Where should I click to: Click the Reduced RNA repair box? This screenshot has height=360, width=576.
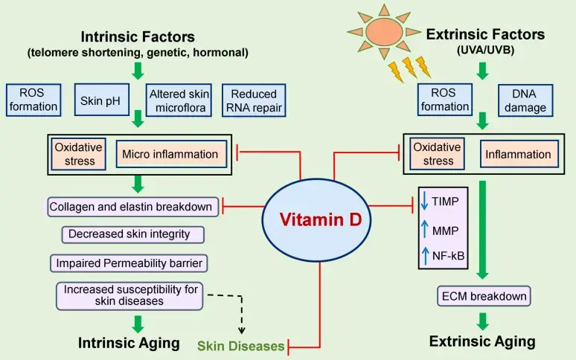coord(253,100)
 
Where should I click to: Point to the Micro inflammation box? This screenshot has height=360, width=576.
coord(169,155)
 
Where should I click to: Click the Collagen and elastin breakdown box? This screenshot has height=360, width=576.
coord(132,206)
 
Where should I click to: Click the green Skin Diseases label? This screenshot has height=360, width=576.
coord(240,346)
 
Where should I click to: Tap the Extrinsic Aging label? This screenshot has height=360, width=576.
coord(482,341)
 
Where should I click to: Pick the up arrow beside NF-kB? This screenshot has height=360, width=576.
coord(425,255)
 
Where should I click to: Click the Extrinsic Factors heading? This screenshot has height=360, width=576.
coord(484,35)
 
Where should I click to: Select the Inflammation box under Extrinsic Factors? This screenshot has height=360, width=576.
coord(518,155)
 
